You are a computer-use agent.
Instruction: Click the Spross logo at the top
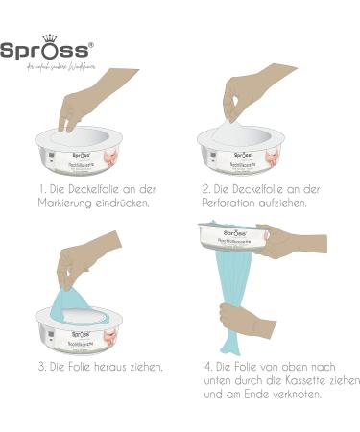(46, 50)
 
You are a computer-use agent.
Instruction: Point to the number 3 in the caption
(41, 366)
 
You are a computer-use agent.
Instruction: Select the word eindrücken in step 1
(130, 203)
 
